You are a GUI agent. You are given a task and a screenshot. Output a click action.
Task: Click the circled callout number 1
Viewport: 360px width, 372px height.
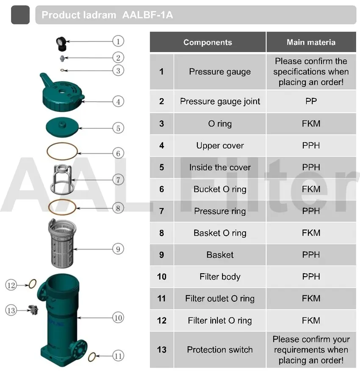[118, 41]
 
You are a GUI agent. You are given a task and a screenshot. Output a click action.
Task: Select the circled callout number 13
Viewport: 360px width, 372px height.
[11, 311]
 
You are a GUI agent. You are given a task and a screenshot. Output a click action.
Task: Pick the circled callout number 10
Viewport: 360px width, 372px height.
[118, 317]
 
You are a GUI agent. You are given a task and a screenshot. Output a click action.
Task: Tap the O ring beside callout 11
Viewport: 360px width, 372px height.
[92, 357]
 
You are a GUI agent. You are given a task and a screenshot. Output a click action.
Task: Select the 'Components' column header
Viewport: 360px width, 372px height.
[208, 42]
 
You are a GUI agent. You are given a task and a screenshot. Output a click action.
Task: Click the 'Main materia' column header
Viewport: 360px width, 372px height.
[311, 42]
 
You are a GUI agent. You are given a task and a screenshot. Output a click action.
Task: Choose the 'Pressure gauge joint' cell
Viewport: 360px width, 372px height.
[220, 101]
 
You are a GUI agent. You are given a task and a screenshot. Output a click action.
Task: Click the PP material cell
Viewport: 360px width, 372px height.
[311, 101]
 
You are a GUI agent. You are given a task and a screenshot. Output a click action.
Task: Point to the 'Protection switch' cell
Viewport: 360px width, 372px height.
[220, 350]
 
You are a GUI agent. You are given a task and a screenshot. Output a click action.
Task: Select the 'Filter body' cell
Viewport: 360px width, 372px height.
[220, 277]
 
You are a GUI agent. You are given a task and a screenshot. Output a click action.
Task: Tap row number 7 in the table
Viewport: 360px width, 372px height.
[161, 211]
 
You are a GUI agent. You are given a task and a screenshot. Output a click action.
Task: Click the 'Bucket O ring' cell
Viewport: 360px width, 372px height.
[220, 189]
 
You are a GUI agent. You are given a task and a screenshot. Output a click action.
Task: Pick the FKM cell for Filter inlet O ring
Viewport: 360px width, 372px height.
[311, 321]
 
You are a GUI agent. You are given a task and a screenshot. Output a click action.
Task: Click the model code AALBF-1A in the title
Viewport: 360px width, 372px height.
[147, 15]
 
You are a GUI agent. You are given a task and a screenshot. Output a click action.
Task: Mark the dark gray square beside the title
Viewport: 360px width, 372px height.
[20, 15]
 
